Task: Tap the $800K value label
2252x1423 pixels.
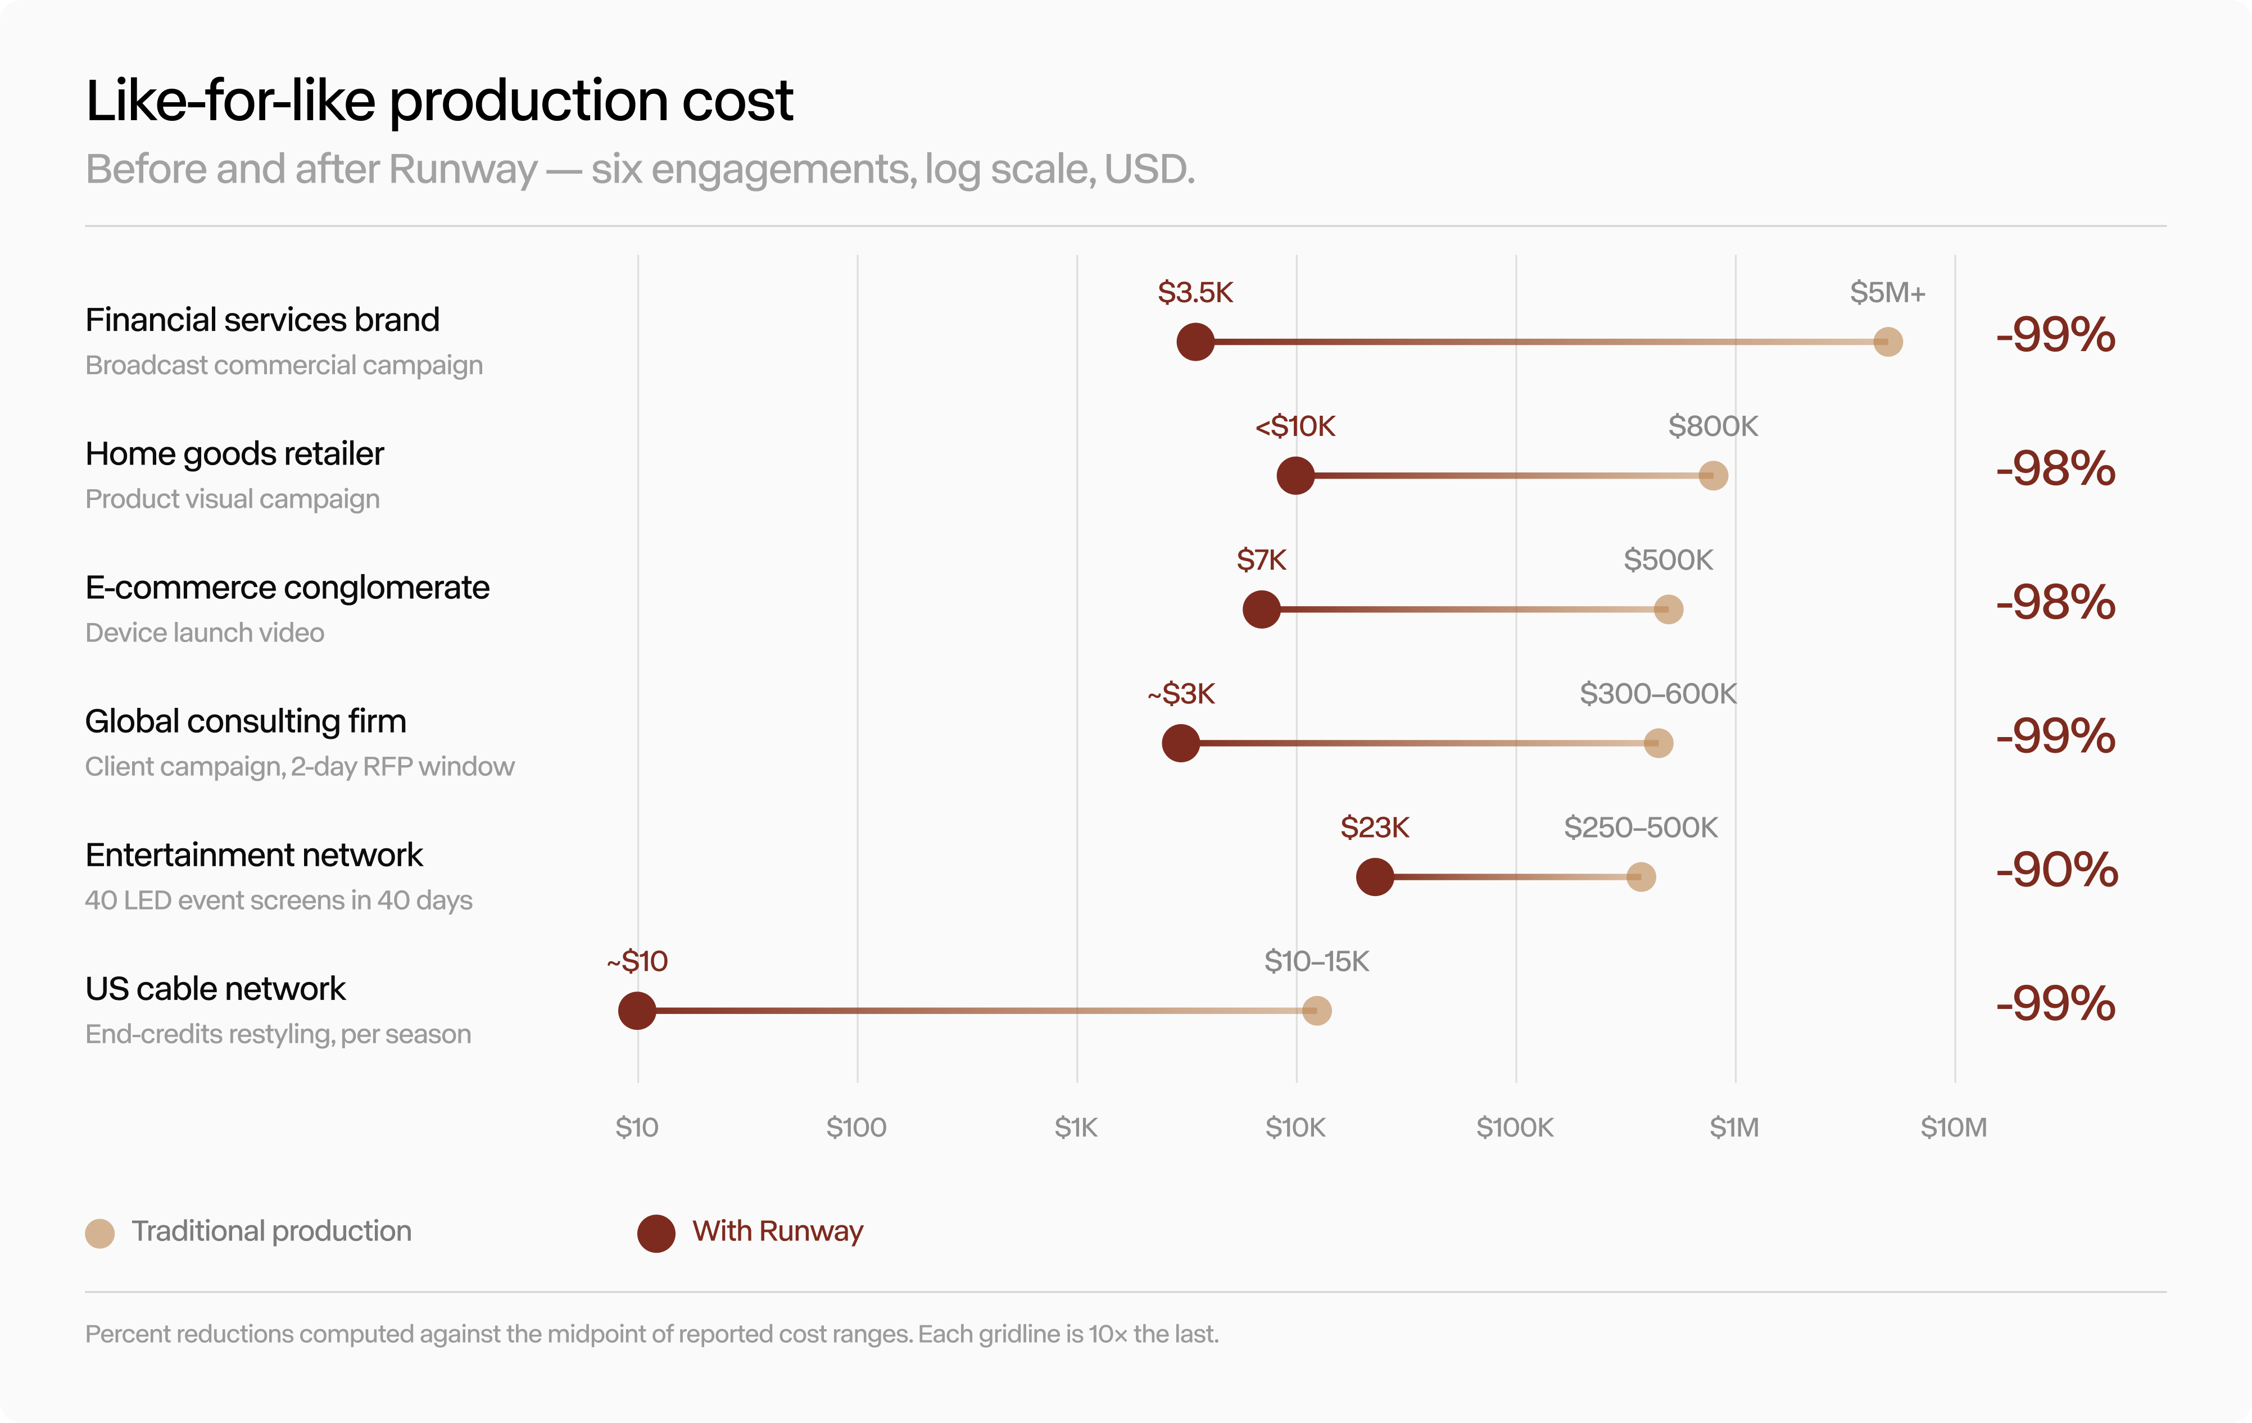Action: pos(1714,426)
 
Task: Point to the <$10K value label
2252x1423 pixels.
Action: pos(1295,426)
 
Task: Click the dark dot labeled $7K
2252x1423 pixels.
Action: pos(1262,610)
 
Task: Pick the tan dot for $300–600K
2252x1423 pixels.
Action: pos(1658,743)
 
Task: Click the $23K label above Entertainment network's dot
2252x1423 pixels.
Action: pos(1375,828)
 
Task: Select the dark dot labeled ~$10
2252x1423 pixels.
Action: pos(637,1011)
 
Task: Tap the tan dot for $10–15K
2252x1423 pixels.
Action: pos(1317,1011)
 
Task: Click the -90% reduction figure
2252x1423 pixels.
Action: pos(2056,870)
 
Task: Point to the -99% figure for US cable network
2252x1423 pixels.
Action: pos(2056,1003)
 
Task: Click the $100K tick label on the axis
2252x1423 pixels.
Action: pos(1515,1128)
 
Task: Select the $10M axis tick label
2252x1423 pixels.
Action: pos(1954,1128)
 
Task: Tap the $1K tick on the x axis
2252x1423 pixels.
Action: pos(1076,1128)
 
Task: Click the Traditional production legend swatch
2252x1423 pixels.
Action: pos(100,1233)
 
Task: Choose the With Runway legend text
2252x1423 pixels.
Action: pos(777,1231)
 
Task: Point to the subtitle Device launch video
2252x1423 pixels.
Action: pos(205,633)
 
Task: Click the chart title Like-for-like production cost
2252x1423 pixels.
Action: pos(439,101)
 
